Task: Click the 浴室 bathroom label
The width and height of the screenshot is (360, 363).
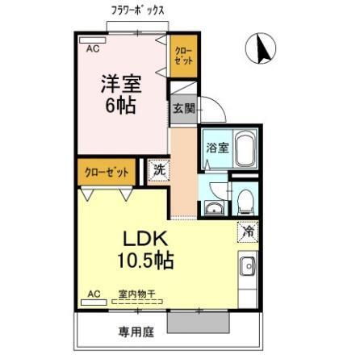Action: pos(217,148)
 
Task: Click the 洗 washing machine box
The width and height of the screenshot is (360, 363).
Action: pos(159,170)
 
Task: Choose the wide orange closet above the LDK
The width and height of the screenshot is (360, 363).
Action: pos(108,171)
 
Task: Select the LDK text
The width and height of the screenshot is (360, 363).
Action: pos(144,240)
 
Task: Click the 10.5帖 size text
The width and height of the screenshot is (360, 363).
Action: pos(144,261)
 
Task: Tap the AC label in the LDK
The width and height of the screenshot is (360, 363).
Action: pos(93,294)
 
